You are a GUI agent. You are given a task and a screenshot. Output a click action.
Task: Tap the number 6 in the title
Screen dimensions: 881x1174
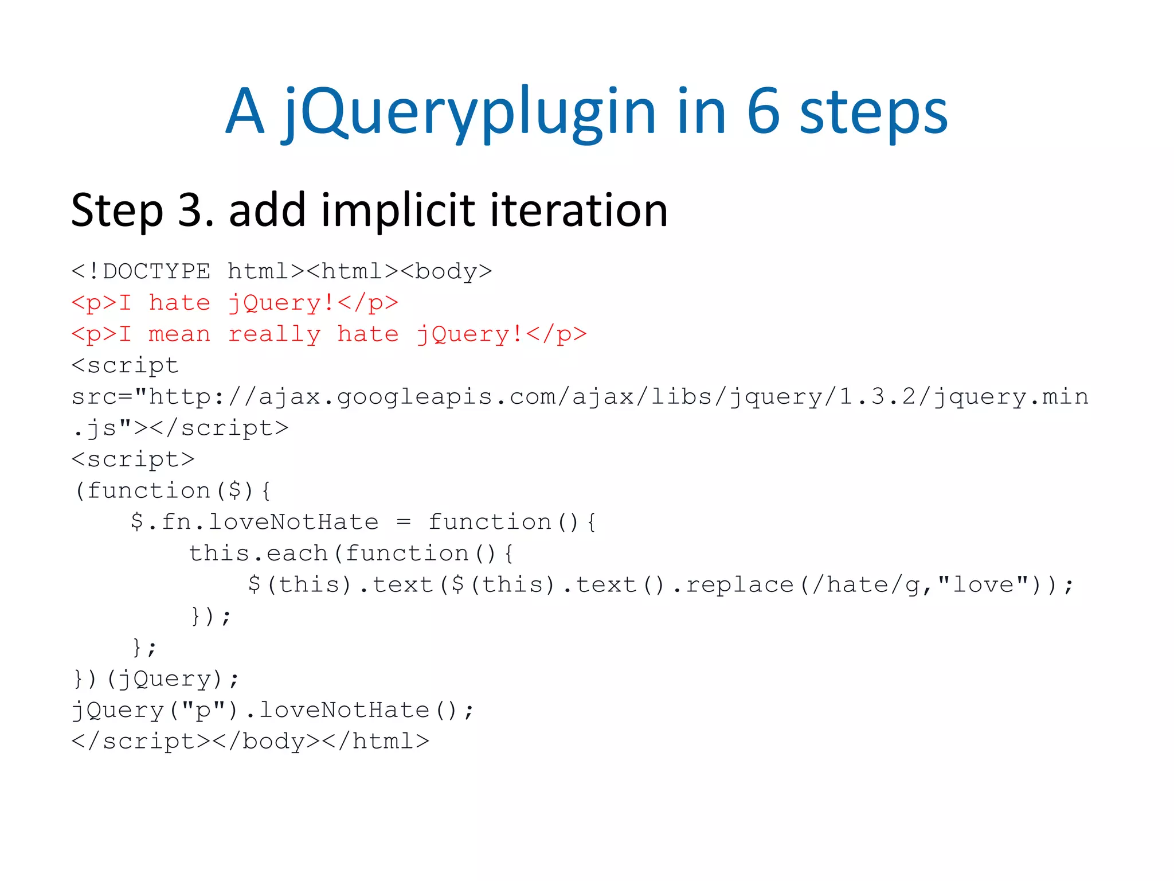(x=764, y=112)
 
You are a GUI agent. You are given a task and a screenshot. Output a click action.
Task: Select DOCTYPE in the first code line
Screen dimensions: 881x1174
(x=156, y=271)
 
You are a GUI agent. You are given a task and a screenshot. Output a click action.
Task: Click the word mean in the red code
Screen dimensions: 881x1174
(x=179, y=334)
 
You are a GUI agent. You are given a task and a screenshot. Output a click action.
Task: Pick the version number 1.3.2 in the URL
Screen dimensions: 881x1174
(x=877, y=397)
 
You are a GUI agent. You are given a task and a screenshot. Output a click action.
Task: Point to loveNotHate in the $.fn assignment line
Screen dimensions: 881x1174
(x=293, y=523)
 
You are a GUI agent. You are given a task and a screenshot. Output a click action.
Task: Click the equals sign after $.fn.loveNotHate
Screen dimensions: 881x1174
(x=404, y=523)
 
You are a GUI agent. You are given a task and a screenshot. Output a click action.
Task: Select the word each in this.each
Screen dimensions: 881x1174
(x=296, y=553)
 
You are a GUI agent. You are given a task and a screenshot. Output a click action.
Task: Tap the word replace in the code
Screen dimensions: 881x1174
(x=739, y=585)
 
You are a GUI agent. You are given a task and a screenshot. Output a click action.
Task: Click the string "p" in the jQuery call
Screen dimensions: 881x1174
(x=204, y=711)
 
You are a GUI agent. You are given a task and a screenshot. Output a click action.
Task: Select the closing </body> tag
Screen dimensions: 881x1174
(x=266, y=742)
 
